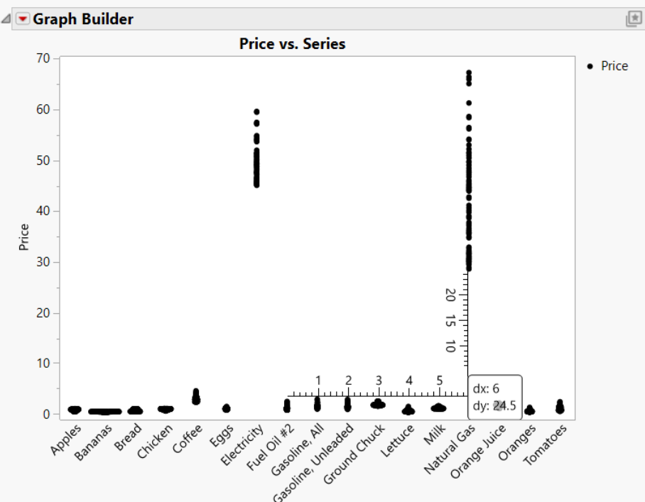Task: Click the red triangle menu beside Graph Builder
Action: pos(23,19)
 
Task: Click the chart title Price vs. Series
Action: pos(292,44)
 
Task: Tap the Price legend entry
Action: pos(614,66)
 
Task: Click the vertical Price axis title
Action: pos(25,236)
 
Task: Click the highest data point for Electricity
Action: pos(256,111)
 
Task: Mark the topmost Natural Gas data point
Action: pos(469,72)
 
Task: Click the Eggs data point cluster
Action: pos(227,408)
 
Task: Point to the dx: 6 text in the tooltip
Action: pos(486,389)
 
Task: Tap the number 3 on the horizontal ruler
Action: pos(379,381)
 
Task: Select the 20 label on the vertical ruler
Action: pos(450,294)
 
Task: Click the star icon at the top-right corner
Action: pos(633,20)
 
